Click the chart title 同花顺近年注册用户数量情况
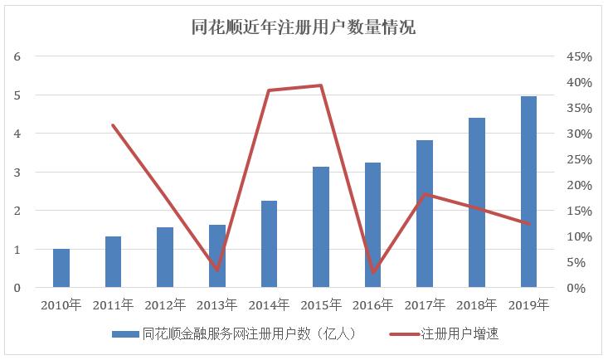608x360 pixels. tap(303, 27)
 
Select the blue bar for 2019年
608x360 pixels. tap(528, 192)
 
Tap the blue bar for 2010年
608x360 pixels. tap(61, 268)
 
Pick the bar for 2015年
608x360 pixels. tap(321, 227)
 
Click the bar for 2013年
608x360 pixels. tap(216, 256)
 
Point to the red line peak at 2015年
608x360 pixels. tap(321, 85)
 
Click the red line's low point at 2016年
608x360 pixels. tap(373, 272)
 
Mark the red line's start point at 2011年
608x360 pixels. tap(113, 125)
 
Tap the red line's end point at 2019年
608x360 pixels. tap(528, 223)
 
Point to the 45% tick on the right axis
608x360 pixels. tap(578, 56)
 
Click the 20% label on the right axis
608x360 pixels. tap(578, 185)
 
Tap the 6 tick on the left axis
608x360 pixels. tap(17, 56)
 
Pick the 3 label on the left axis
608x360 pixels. tap(17, 173)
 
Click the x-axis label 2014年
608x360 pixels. tap(269, 305)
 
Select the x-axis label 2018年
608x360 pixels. tap(476, 305)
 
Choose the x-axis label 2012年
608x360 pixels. tap(165, 305)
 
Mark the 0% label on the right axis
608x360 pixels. tap(581, 288)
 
